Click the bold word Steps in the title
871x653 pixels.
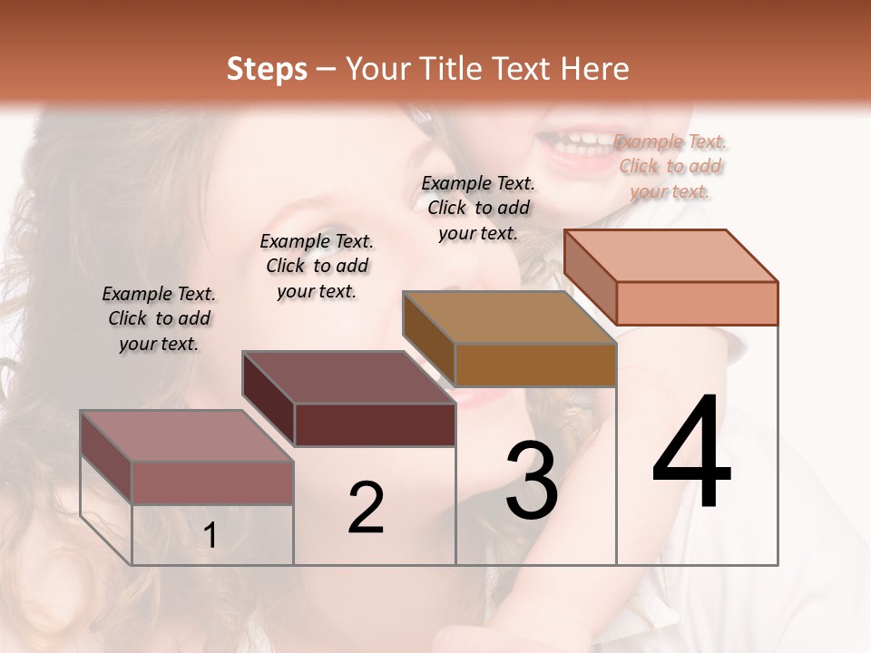pyautogui.click(x=267, y=69)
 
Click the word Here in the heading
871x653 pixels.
pyautogui.click(x=597, y=69)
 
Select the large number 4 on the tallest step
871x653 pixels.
pyautogui.click(x=691, y=453)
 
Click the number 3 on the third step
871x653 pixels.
pyautogui.click(x=532, y=481)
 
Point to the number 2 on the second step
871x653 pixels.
pyautogui.click(x=366, y=509)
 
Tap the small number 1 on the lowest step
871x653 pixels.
pyautogui.click(x=210, y=536)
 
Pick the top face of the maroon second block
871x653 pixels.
pyautogui.click(x=348, y=377)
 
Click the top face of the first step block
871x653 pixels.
pyautogui.click(x=187, y=436)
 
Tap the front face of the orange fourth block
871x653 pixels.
pyautogui.click(x=697, y=303)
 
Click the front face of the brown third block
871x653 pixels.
pyautogui.click(x=535, y=365)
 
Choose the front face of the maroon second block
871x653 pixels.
pyautogui.click(x=375, y=424)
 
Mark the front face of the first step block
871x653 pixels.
pyautogui.click(x=212, y=482)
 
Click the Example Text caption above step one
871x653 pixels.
pyautogui.click(x=159, y=318)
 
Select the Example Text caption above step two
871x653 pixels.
pyautogui.click(x=317, y=266)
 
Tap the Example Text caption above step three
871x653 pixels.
pyautogui.click(x=478, y=208)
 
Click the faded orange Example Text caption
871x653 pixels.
pyautogui.click(x=670, y=166)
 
